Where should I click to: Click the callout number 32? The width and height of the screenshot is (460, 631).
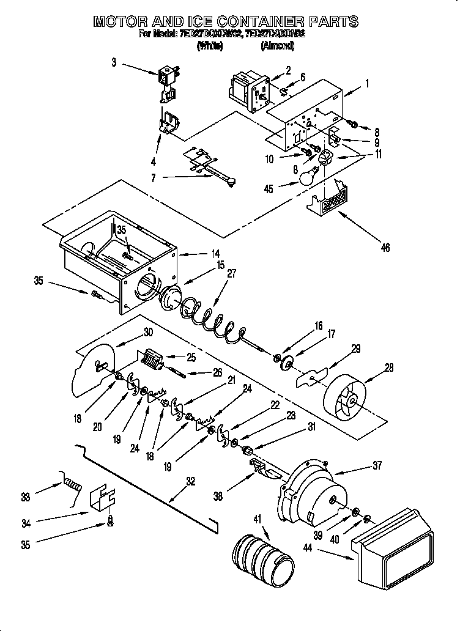click(x=190, y=481)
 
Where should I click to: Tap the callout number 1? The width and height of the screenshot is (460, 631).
click(x=367, y=83)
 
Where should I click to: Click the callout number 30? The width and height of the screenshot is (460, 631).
click(x=147, y=333)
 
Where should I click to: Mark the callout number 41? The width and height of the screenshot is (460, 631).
click(x=257, y=519)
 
